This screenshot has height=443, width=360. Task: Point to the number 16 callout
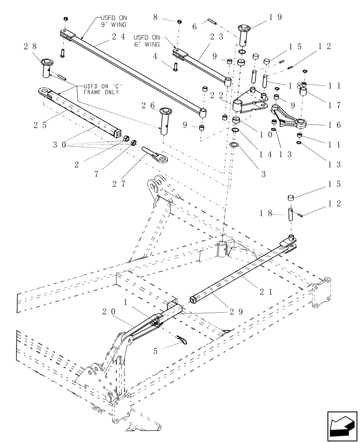click(x=335, y=125)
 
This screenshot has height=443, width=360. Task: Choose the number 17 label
click(x=335, y=105)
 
